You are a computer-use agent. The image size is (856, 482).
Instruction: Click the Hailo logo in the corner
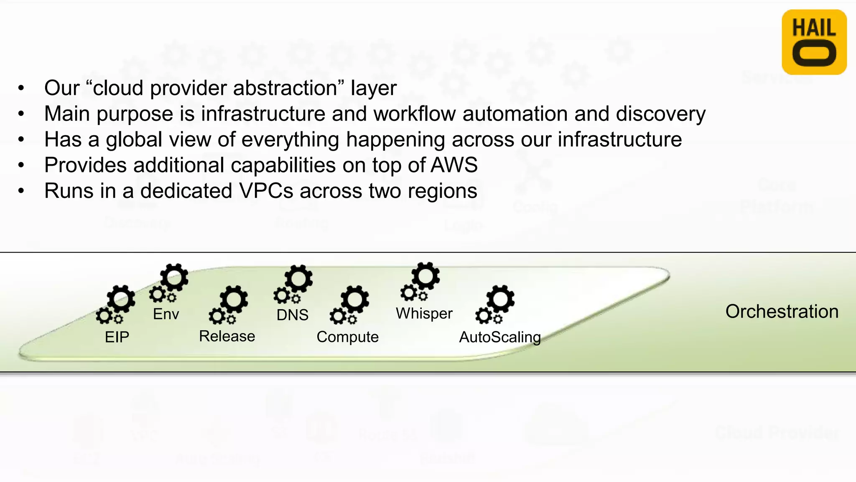click(x=814, y=42)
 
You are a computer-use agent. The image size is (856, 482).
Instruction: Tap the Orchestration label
click(x=782, y=312)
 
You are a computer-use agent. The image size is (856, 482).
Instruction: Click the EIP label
click(x=117, y=337)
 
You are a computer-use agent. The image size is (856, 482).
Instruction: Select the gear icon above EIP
click(x=116, y=305)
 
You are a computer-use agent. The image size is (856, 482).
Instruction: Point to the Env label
click(x=166, y=314)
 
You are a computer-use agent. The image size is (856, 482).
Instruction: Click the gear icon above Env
click(x=169, y=283)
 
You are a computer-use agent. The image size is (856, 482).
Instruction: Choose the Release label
click(x=227, y=336)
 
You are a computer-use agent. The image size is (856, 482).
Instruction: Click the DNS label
click(x=292, y=315)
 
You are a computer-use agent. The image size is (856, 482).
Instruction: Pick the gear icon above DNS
click(x=294, y=285)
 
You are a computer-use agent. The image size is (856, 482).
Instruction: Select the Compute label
click(x=347, y=337)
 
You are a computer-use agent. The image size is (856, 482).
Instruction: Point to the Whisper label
click(x=424, y=313)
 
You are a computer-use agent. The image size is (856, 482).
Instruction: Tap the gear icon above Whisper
click(x=421, y=282)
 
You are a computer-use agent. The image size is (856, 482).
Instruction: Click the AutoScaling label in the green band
click(x=500, y=337)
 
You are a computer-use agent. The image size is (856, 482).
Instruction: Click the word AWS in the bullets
click(x=454, y=165)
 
